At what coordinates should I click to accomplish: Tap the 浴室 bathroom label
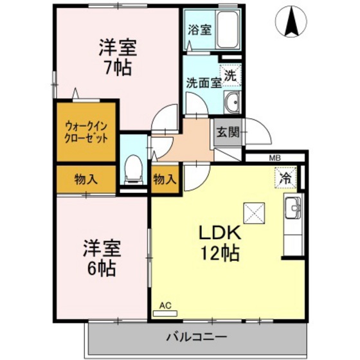click(199, 29)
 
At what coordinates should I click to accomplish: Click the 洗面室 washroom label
click(204, 82)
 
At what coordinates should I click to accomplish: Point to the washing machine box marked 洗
click(230, 75)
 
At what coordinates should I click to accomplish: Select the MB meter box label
click(274, 157)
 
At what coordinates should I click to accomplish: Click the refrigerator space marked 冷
click(285, 178)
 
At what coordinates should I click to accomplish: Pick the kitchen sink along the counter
click(293, 208)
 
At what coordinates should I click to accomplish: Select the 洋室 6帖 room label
click(100, 258)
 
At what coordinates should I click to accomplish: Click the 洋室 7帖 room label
click(117, 57)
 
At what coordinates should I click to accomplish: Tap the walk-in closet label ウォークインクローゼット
click(85, 132)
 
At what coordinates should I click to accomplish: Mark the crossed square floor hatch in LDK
click(253, 212)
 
